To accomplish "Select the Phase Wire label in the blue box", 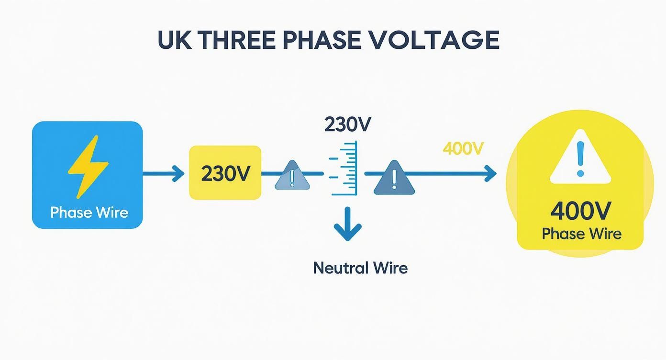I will coord(89,212).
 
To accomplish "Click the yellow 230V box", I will coord(225,173).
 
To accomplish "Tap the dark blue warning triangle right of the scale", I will coord(394,178).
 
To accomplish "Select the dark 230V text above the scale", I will coord(347,125).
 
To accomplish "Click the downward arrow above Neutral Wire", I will coord(348,224).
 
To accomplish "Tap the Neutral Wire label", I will coord(360,267).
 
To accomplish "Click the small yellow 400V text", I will coord(463,149).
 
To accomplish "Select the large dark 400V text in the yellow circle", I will coord(580,211).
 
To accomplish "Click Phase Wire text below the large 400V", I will coord(581,234).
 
